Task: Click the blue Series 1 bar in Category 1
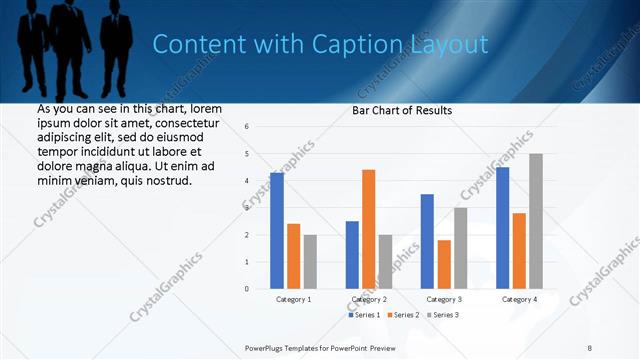pyautogui.click(x=277, y=231)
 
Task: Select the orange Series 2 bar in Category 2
pyautogui.click(x=368, y=230)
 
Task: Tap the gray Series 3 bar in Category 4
pyautogui.click(x=536, y=221)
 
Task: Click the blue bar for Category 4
pyautogui.click(x=502, y=228)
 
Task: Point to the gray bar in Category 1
pyautogui.click(x=310, y=262)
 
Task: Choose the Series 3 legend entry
pyautogui.click(x=445, y=315)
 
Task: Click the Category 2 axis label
pyautogui.click(x=368, y=299)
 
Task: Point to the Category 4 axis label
pyautogui.click(x=519, y=299)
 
